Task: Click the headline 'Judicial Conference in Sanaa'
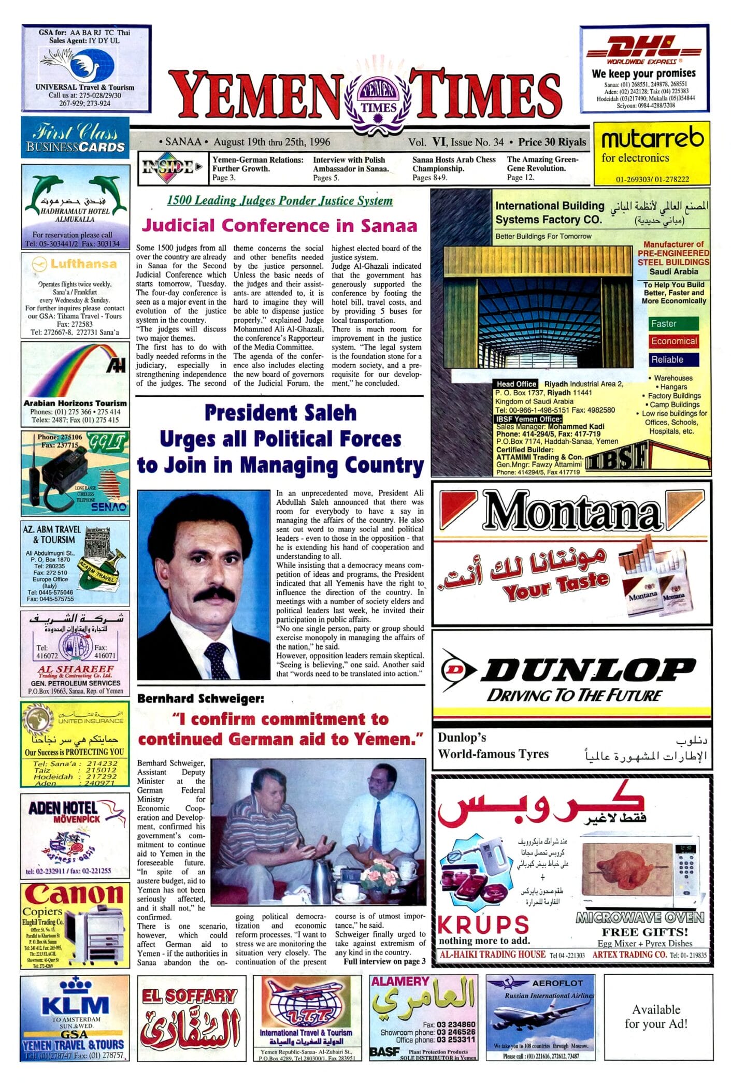click(x=279, y=226)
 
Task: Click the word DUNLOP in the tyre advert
click(x=587, y=671)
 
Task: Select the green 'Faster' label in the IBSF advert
click(x=672, y=324)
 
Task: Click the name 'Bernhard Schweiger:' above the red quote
click(x=200, y=699)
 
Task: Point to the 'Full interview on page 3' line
click(x=384, y=961)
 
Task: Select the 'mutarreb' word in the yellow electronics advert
click(x=652, y=138)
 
